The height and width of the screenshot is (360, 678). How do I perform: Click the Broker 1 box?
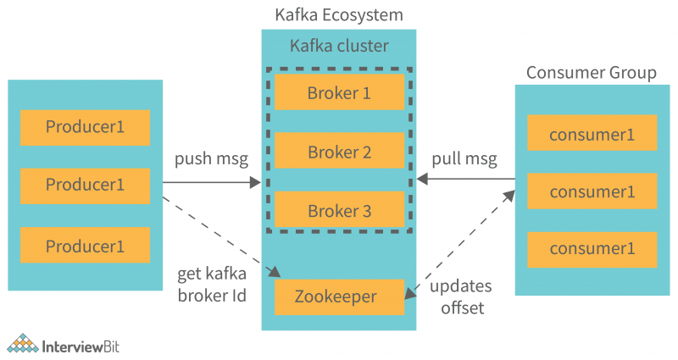pos(339,92)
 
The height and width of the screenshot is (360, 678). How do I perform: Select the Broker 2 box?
pos(339,152)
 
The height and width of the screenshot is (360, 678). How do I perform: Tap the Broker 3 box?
pos(339,211)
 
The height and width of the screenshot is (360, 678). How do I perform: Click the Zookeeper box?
pos(339,296)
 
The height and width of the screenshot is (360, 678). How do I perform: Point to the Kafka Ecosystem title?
pos(339,14)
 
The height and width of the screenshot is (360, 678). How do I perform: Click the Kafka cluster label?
pos(339,46)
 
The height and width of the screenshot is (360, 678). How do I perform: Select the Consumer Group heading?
pos(591,72)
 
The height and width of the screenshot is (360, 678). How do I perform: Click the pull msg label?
pos(464,159)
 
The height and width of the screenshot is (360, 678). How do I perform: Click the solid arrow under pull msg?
pos(465,180)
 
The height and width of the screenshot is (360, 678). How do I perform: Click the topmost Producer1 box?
pos(85,127)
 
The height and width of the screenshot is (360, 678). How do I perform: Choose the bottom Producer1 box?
pos(85,246)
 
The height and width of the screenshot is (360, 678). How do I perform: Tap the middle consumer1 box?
pos(592,191)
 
